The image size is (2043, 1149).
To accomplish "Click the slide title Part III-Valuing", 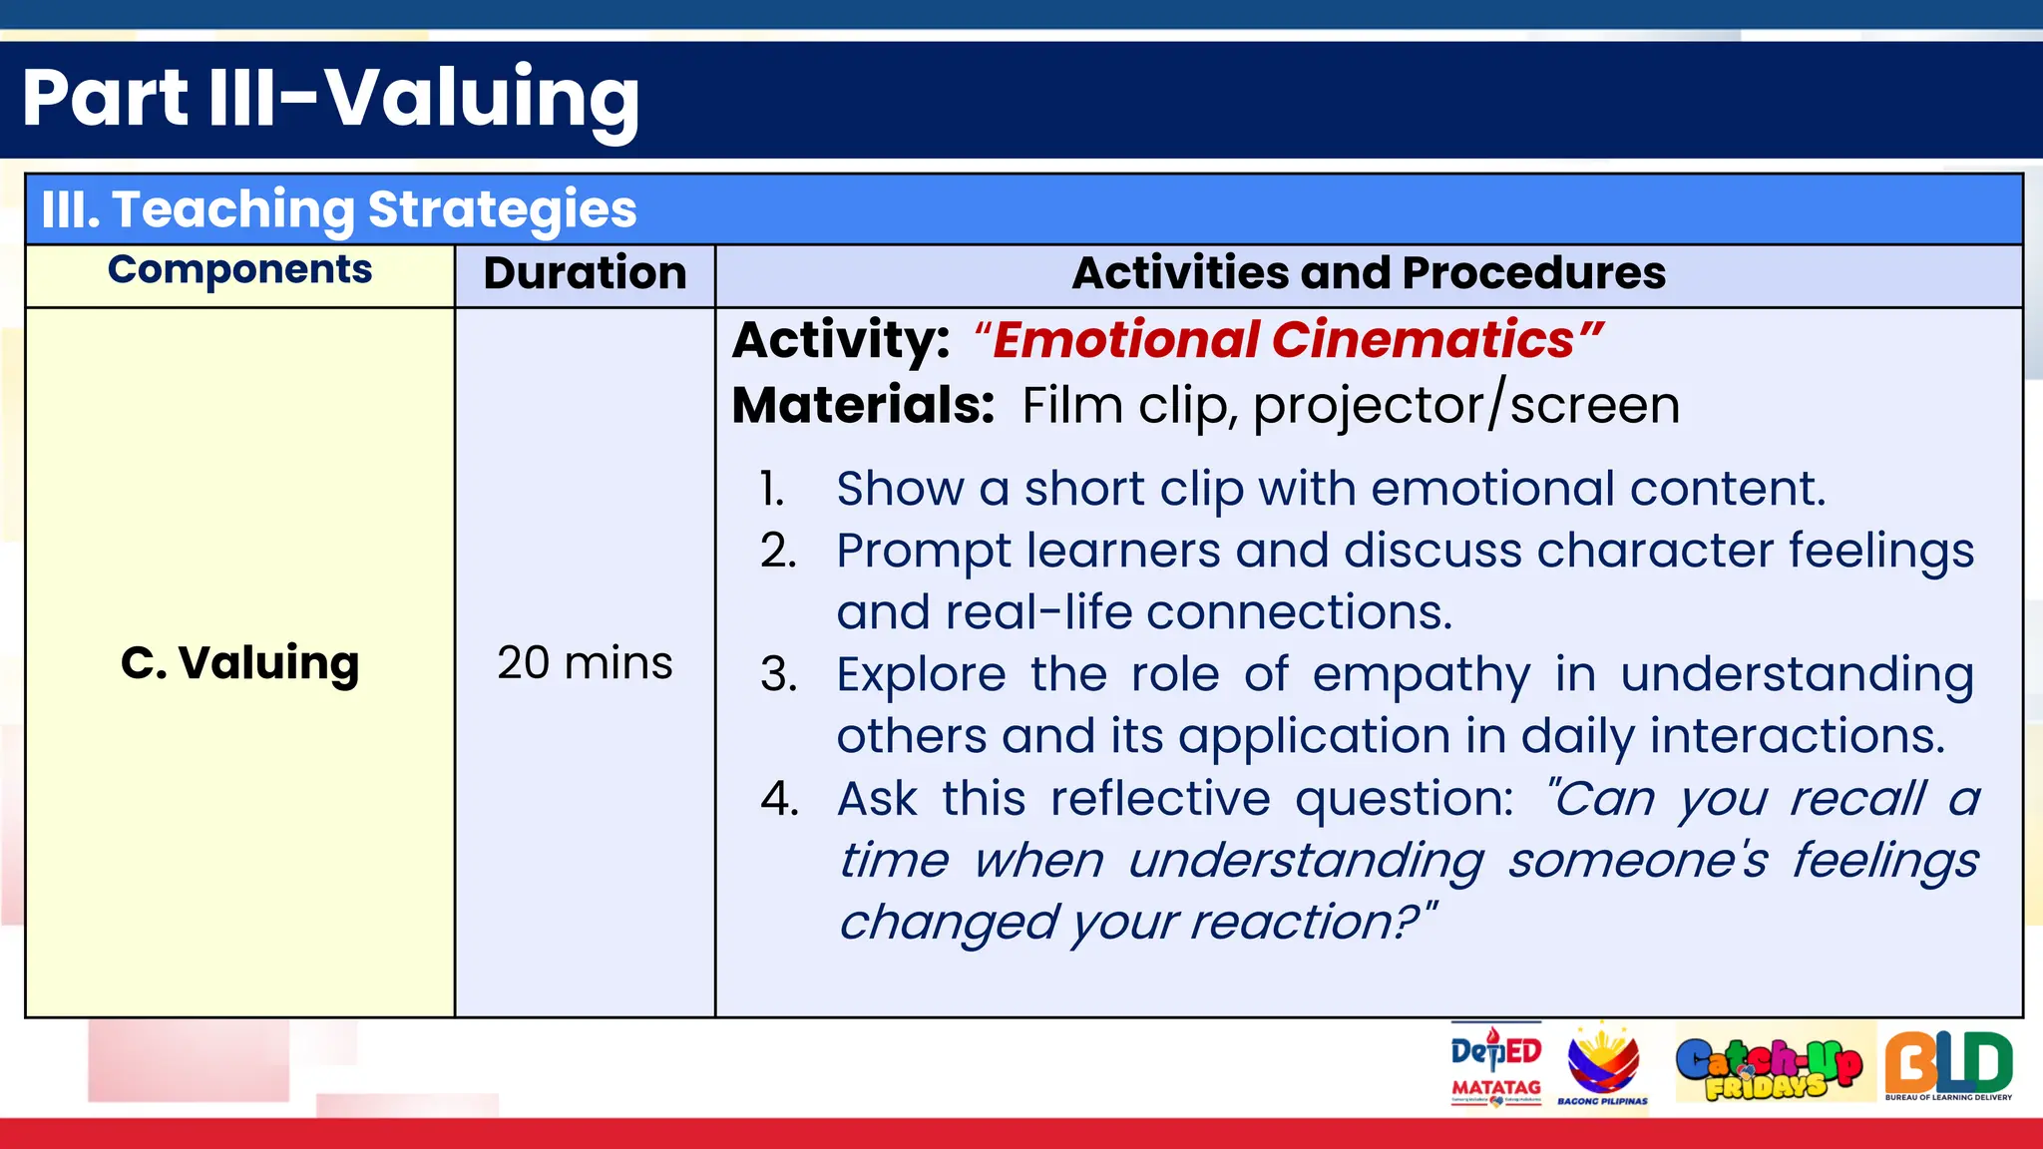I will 330,98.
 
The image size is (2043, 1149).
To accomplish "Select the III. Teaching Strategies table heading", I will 339,209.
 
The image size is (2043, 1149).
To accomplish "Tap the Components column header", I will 239,270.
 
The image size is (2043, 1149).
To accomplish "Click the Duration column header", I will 585,273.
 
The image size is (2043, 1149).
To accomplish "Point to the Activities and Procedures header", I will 1369,273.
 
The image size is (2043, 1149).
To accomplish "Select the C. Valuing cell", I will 239,663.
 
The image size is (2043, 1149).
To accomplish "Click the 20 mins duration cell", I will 585,663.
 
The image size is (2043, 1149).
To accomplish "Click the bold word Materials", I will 862,406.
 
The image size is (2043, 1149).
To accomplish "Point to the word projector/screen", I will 1465,406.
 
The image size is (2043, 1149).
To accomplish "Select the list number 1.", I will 771,490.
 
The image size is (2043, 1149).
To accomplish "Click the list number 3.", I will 778,675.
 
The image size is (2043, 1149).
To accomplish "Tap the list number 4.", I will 779,799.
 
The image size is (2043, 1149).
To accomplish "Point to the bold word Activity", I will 840,340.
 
